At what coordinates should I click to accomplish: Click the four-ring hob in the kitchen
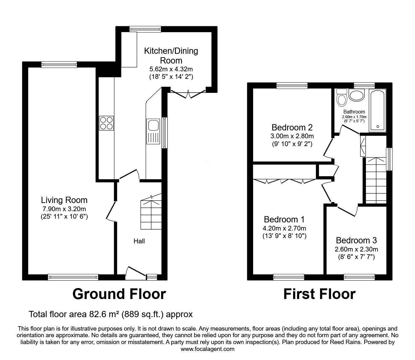[107, 123]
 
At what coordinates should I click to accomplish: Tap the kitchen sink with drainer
[153, 131]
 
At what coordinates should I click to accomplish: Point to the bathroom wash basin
[357, 95]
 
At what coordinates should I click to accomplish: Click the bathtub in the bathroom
[377, 110]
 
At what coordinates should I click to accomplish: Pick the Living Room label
[64, 200]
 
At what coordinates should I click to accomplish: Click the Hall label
[139, 241]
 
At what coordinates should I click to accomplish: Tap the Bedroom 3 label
[356, 241]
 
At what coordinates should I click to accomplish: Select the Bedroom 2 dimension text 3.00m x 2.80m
[292, 136]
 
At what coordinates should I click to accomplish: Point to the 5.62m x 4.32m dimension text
[171, 69]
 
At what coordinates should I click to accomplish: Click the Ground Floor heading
[119, 294]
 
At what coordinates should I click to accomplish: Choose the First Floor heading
[319, 294]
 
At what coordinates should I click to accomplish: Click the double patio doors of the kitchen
[188, 94]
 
